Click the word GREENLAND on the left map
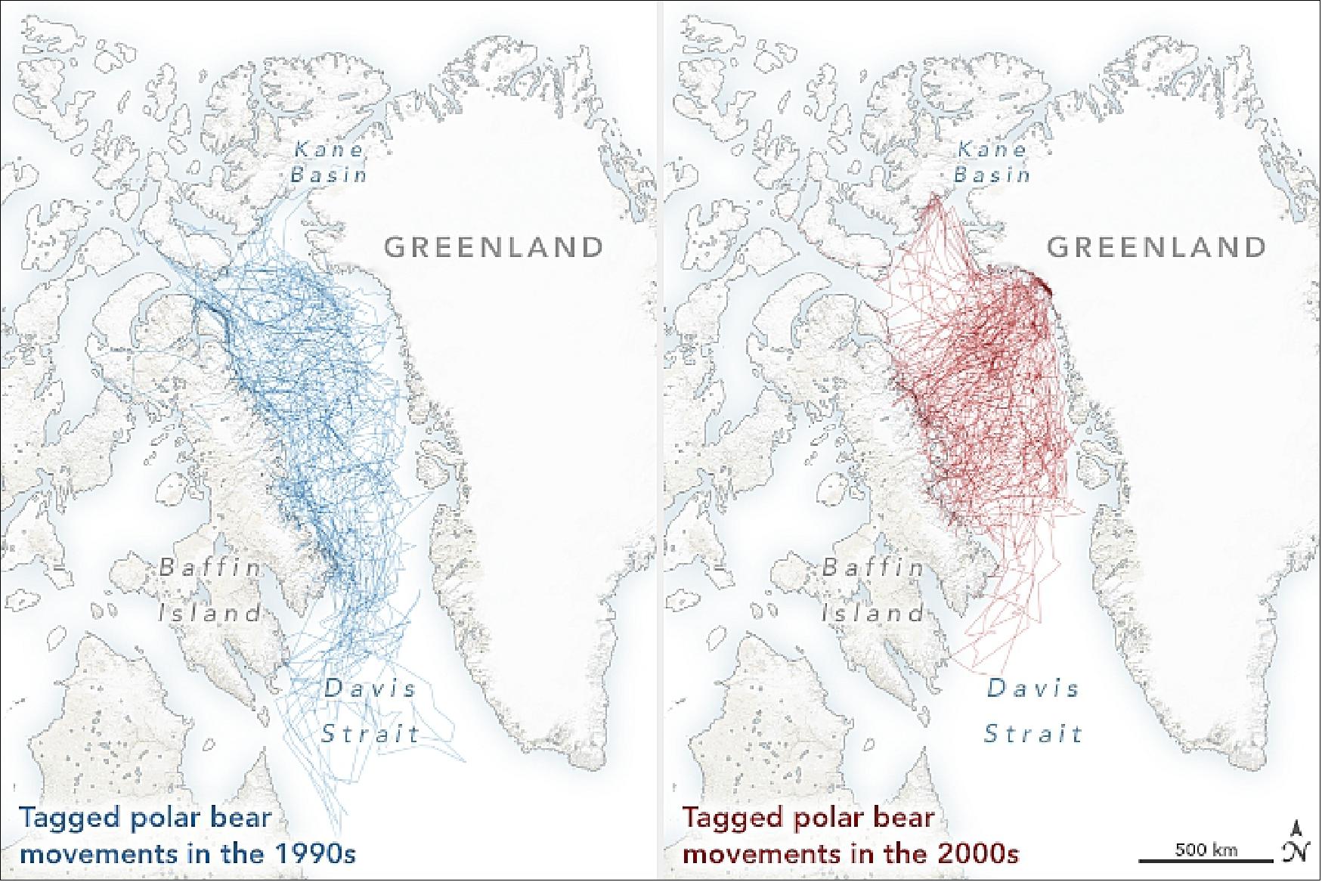(x=495, y=247)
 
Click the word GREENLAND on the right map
(x=1156, y=247)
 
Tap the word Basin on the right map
(x=992, y=175)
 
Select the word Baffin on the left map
(x=211, y=568)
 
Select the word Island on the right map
(x=873, y=612)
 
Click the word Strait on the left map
(x=370, y=733)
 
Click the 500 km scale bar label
(x=1206, y=850)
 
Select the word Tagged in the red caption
(x=729, y=819)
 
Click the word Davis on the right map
(x=1033, y=689)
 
